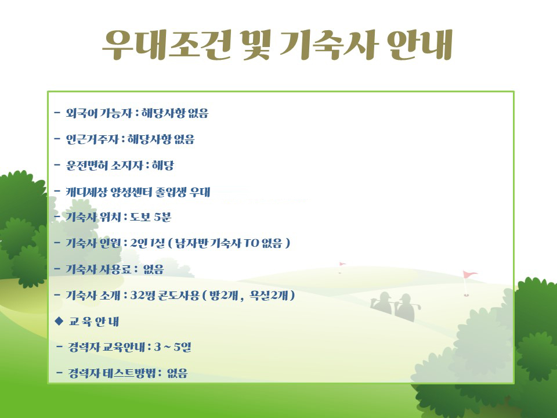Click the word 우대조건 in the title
(167, 45)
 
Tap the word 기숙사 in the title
(327, 45)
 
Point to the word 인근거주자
(92, 139)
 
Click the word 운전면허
(87, 165)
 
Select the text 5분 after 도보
(163, 217)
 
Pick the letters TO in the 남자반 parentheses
(251, 243)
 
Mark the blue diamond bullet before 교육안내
(59, 321)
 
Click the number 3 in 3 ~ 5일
(157, 347)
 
